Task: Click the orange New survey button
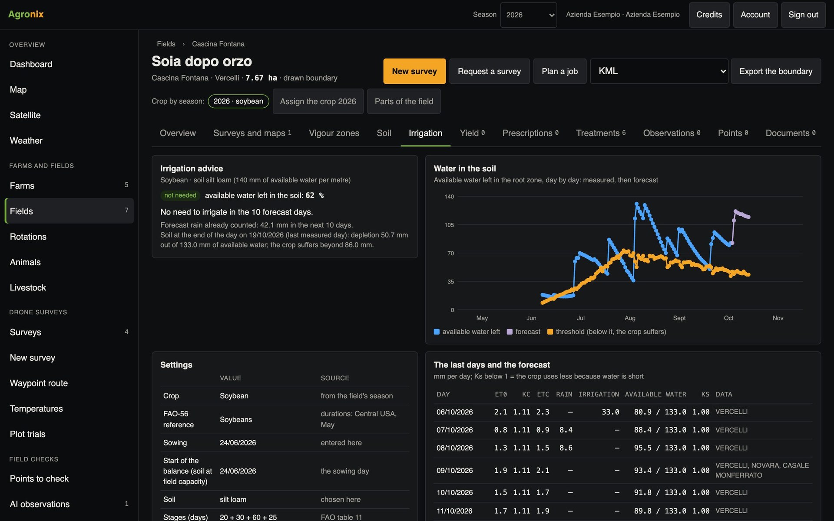(x=414, y=71)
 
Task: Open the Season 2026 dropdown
(x=529, y=15)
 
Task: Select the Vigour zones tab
(x=334, y=133)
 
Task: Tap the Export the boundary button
(x=776, y=71)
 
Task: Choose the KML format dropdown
(x=659, y=71)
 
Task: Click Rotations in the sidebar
(x=28, y=237)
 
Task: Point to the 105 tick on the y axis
(x=449, y=225)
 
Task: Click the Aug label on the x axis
(x=630, y=318)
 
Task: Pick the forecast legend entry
(x=524, y=332)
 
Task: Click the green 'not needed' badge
(x=180, y=195)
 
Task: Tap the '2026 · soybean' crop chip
(x=238, y=101)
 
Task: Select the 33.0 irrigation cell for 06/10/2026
(x=610, y=412)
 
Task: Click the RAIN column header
(x=564, y=394)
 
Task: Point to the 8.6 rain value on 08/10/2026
(x=566, y=448)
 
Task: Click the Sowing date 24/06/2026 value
(x=238, y=443)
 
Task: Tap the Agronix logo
(x=26, y=14)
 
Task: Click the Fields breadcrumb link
(x=166, y=44)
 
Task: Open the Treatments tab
(x=601, y=133)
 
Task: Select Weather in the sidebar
(x=26, y=141)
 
